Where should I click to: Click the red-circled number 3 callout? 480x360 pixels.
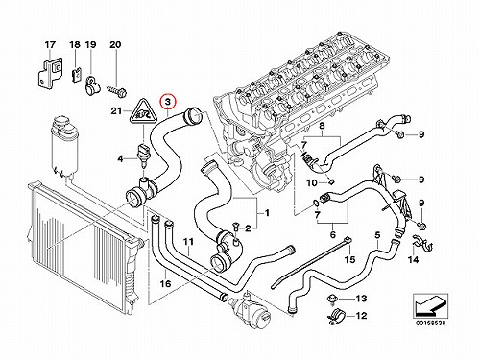pos(168,103)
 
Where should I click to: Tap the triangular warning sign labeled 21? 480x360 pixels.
pos(142,112)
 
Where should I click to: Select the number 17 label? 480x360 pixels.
pos(50,45)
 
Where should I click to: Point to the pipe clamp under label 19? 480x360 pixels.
pos(92,86)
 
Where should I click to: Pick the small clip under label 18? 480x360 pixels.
pos(75,76)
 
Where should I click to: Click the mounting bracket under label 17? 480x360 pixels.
pos(50,73)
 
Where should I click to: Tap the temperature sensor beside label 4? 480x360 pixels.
pos(142,156)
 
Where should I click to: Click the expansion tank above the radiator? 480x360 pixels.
pos(62,147)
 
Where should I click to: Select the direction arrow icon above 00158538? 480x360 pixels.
pos(430,306)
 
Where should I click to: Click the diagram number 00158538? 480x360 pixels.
pos(430,324)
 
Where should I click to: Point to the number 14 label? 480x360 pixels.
pos(413,259)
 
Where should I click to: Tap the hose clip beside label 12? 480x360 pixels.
pos(335,315)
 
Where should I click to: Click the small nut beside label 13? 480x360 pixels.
pos(330,299)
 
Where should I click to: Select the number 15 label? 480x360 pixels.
pos(349,259)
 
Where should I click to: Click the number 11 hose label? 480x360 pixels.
pos(189,241)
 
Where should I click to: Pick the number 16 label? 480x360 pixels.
pos(165,283)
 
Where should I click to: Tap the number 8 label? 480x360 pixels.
pos(322,126)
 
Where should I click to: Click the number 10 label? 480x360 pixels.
pos(311,183)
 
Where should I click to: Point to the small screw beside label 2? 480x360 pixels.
pos(236,227)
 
